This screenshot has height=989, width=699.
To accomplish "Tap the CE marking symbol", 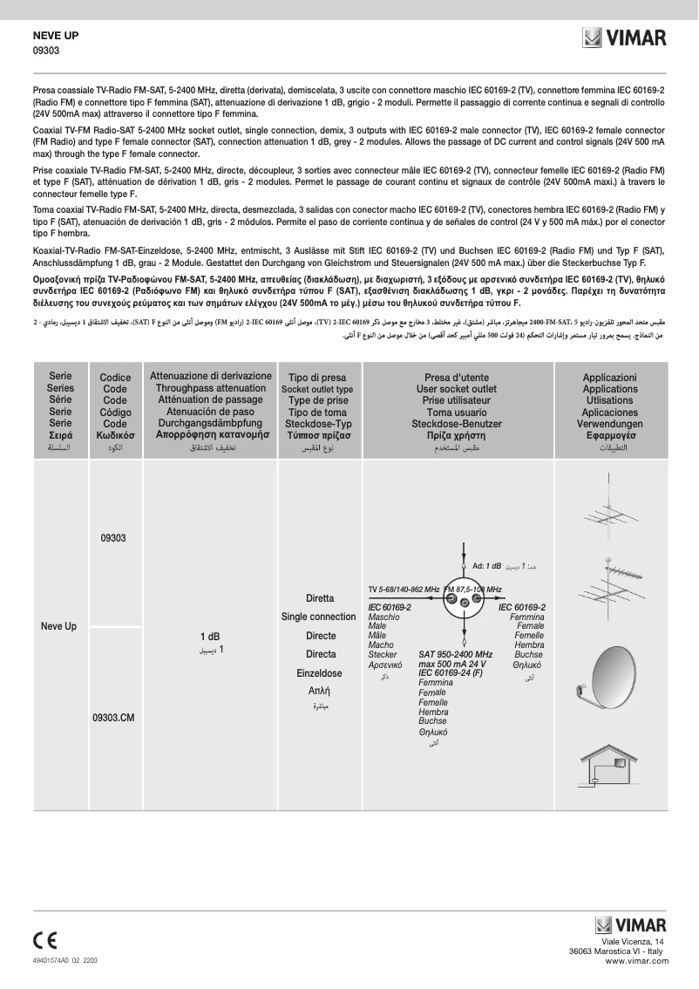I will (x=45, y=939).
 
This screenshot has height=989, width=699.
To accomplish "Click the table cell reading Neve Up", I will (x=59, y=626).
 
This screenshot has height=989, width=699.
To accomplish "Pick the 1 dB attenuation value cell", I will (x=209, y=637).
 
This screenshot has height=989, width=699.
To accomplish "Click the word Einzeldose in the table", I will (x=319, y=673).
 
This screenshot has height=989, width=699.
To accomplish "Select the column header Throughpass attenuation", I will (x=210, y=389).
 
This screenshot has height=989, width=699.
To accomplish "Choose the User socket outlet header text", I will (x=457, y=389).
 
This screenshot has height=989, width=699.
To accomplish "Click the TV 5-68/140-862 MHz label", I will (x=404, y=590).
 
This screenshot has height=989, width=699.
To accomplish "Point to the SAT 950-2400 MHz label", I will (x=455, y=654).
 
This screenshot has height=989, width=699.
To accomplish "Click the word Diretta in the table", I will (x=320, y=599).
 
